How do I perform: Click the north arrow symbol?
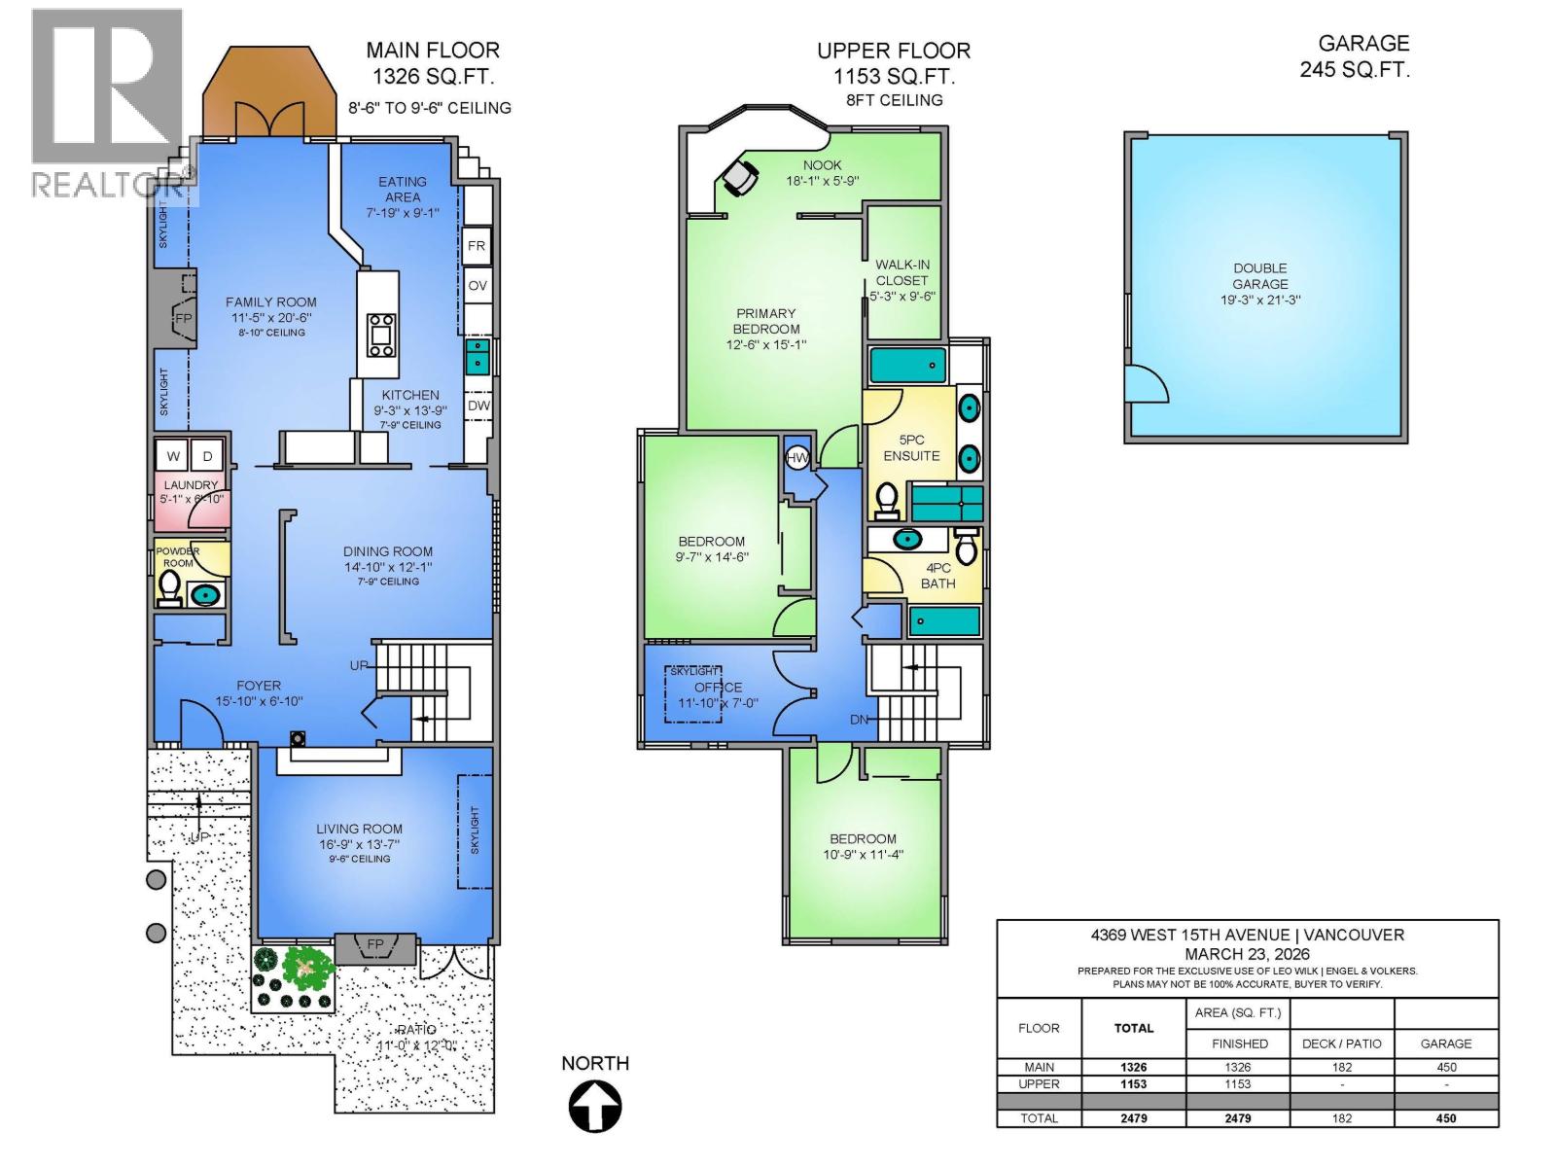click(595, 1107)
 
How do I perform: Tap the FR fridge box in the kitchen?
click(477, 246)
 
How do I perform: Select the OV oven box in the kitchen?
click(477, 286)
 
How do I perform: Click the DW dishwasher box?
click(478, 406)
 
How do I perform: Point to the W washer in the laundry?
click(173, 456)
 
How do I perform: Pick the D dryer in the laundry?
click(207, 456)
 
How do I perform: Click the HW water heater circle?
click(796, 457)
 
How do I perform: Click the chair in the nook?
click(739, 177)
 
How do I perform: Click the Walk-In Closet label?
click(902, 280)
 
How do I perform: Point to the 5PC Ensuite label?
click(911, 447)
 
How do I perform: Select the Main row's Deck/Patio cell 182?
click(1342, 1067)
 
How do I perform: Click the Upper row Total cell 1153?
click(1133, 1083)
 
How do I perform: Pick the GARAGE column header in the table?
click(1445, 1043)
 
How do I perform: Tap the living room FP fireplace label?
click(374, 944)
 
